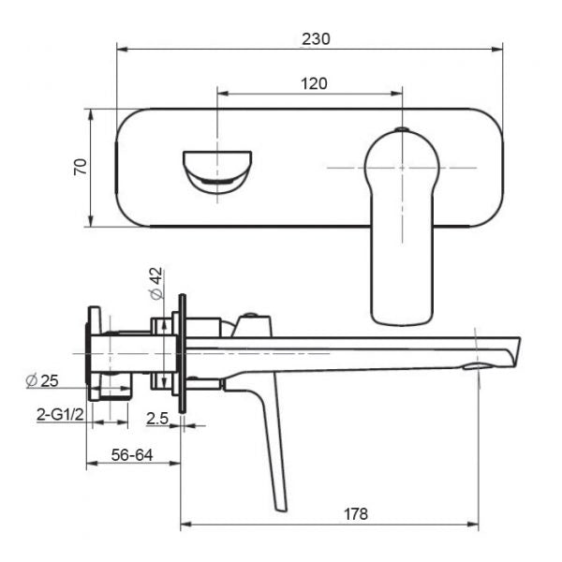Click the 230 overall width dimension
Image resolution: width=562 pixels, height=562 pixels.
pyautogui.click(x=316, y=39)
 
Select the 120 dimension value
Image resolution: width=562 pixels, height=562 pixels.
pyautogui.click(x=314, y=84)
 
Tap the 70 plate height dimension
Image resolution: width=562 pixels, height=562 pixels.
pyautogui.click(x=81, y=167)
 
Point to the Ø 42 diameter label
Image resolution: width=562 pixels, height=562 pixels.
pyautogui.click(x=156, y=283)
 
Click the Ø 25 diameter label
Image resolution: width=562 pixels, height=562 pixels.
pyautogui.click(x=42, y=380)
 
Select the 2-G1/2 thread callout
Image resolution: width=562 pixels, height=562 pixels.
pyautogui.click(x=60, y=415)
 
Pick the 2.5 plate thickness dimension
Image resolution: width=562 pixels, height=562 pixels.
pyautogui.click(x=157, y=419)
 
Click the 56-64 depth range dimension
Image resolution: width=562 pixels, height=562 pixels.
pyautogui.click(x=132, y=455)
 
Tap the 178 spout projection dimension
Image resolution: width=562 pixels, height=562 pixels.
pyautogui.click(x=356, y=514)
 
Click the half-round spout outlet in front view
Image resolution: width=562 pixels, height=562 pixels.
pyautogui.click(x=217, y=171)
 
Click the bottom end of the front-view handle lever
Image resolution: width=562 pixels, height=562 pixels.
pyautogui.click(x=402, y=325)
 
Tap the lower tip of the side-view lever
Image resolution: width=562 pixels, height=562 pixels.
pyautogui.click(x=281, y=509)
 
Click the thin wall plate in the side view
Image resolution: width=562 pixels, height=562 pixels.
pyautogui.click(x=183, y=354)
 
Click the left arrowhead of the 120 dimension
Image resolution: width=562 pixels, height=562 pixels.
pyautogui.click(x=223, y=94)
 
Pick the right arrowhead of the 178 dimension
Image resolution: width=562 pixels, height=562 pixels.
pyautogui.click(x=473, y=525)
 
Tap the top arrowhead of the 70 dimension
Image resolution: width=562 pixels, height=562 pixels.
pyautogui.click(x=91, y=115)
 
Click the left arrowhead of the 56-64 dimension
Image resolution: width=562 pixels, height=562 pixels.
pyautogui.click(x=93, y=464)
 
